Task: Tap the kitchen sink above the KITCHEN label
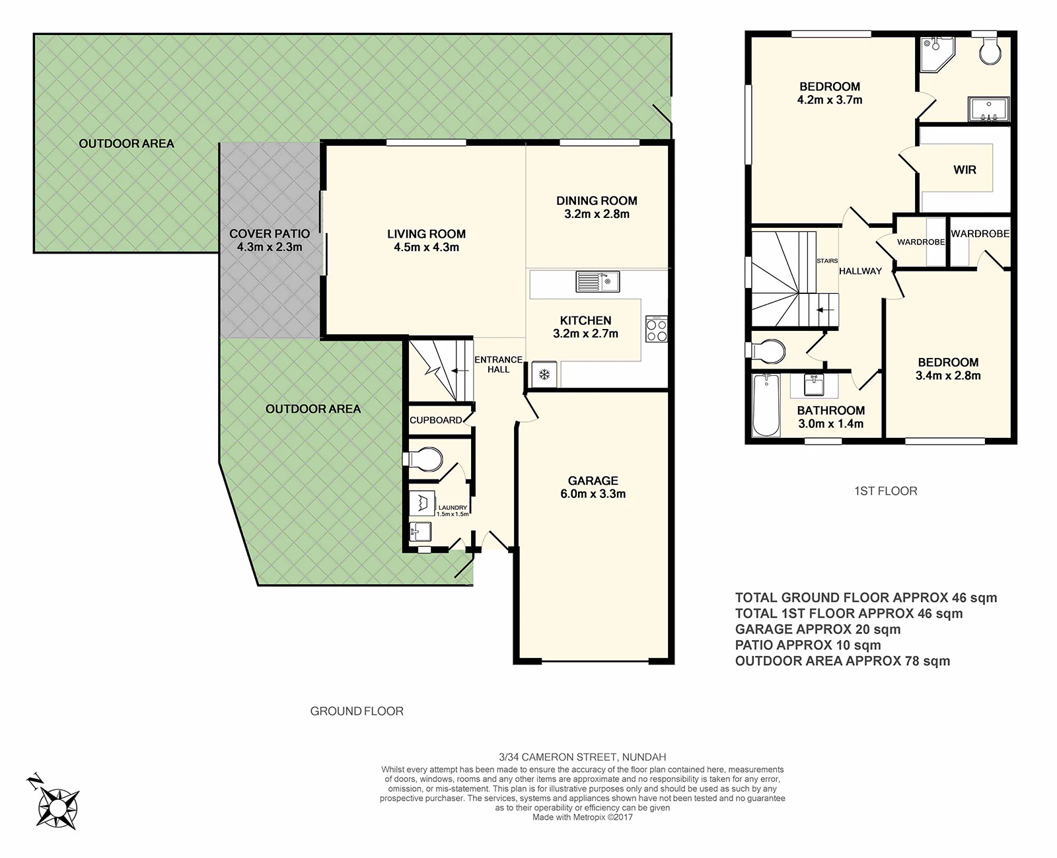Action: [x=597, y=281]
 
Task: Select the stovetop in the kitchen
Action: [x=657, y=329]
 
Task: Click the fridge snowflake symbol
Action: [x=544, y=374]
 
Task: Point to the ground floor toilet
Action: [x=422, y=460]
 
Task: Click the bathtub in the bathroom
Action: [x=766, y=405]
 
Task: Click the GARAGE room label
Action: [x=593, y=480]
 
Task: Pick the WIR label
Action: [x=965, y=170]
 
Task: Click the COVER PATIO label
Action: [x=270, y=234]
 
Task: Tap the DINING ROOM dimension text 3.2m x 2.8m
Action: [x=597, y=214]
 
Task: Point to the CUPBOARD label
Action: [x=436, y=420]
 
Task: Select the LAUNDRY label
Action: [x=453, y=508]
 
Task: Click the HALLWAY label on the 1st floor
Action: [x=861, y=271]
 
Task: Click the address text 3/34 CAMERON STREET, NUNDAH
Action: [x=583, y=757]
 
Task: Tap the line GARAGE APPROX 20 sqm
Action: [x=818, y=629]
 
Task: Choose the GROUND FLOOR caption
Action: [x=357, y=711]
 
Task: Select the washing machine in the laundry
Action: [x=421, y=503]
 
